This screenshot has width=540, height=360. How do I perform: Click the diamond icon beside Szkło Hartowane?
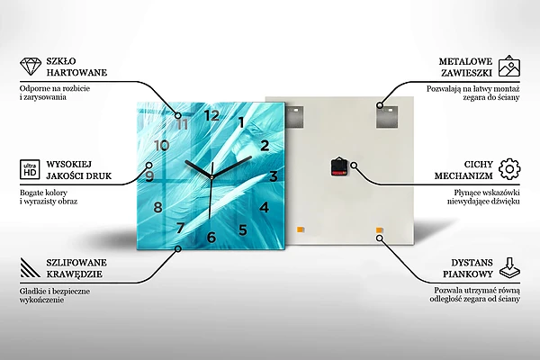click(x=31, y=67)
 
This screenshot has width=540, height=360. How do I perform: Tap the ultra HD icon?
click(x=30, y=169)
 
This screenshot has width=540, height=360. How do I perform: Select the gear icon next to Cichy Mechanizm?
click(x=509, y=169)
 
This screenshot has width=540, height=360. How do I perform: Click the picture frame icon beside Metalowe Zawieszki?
click(x=509, y=66)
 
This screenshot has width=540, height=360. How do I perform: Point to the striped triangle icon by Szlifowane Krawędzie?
click(x=30, y=267)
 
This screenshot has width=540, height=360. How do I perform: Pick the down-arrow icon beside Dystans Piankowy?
click(x=509, y=267)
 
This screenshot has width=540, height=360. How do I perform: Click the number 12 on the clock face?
click(x=211, y=115)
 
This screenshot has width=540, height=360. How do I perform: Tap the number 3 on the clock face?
click(x=274, y=176)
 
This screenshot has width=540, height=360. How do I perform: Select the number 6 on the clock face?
click(x=211, y=237)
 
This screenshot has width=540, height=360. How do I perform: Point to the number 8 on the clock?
click(x=157, y=207)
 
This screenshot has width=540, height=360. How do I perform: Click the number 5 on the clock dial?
click(x=243, y=230)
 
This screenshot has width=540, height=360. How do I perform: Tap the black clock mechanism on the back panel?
click(x=338, y=166)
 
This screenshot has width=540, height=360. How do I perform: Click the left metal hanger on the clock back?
click(x=295, y=116)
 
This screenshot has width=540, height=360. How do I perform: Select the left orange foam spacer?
click(x=300, y=229)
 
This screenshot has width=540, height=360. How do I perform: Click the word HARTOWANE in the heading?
click(x=76, y=73)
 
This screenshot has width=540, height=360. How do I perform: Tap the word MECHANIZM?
click(x=463, y=175)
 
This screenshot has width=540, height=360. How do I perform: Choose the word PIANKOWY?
click(x=468, y=274)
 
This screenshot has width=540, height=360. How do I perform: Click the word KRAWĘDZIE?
click(x=75, y=274)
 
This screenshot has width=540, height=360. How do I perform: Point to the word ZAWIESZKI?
click(x=466, y=73)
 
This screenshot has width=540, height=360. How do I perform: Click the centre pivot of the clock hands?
click(x=211, y=177)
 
